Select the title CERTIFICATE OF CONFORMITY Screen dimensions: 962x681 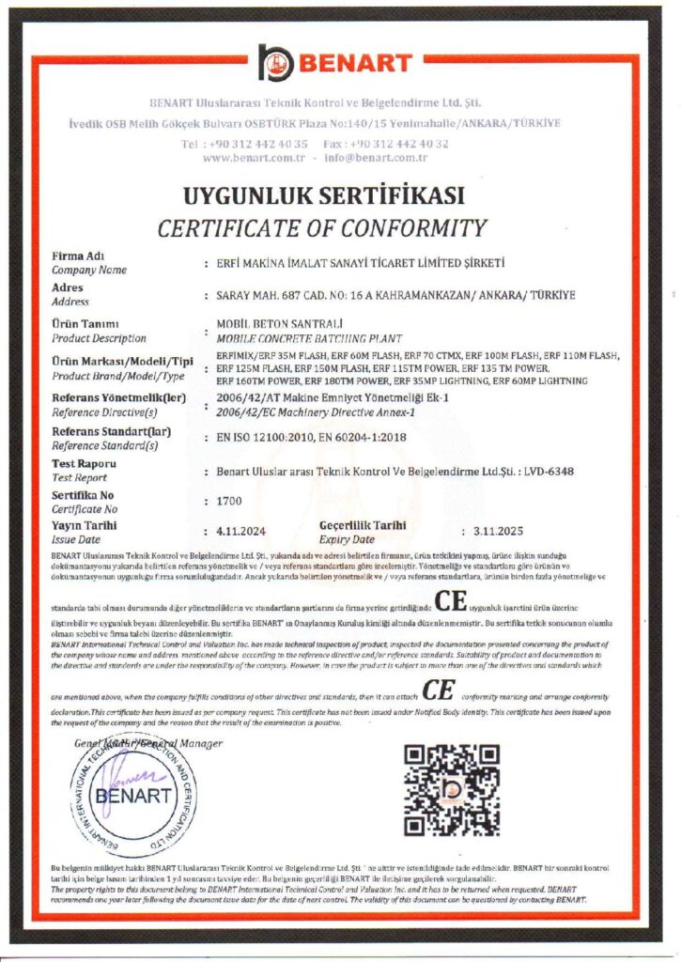point(321,227)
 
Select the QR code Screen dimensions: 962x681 point(451,790)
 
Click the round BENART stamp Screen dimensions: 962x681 point(133,795)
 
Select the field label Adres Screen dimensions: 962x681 point(68,287)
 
